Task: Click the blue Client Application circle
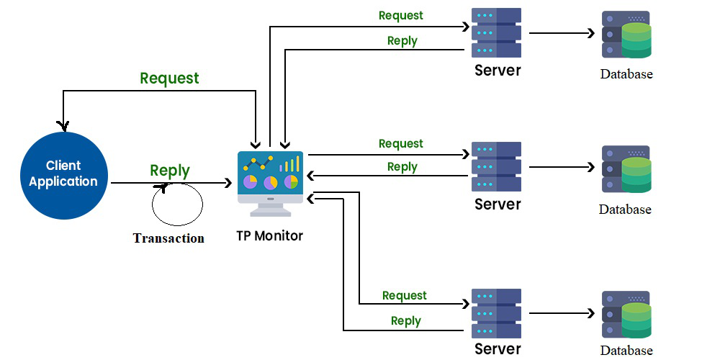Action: coord(63,174)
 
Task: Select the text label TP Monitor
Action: coord(270,235)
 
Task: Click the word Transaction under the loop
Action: coord(168,238)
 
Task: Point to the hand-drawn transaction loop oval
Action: coord(177,204)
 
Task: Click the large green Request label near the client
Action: coord(169,78)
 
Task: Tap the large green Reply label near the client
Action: coord(170,171)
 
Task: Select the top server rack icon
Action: coord(497,33)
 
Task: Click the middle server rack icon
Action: coord(497,167)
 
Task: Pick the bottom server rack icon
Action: coord(497,313)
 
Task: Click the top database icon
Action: coord(626,35)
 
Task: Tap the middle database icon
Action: coord(626,170)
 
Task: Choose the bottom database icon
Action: coord(626,315)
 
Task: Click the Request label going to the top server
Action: coord(401,15)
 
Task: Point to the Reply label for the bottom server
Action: coord(405,320)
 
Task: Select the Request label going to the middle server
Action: coord(401,144)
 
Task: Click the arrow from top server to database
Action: coord(562,33)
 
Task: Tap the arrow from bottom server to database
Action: coord(562,313)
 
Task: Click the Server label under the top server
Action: coord(497,71)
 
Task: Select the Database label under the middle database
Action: coord(625,210)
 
